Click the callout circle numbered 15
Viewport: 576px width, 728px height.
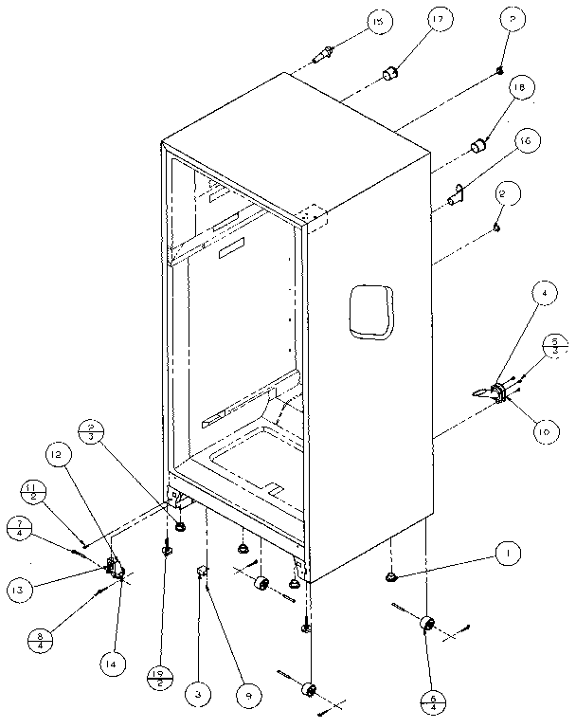(x=381, y=23)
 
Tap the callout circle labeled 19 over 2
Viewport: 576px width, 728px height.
(x=159, y=678)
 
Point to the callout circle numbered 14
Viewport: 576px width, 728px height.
(x=112, y=664)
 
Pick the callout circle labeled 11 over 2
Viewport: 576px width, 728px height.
(x=30, y=493)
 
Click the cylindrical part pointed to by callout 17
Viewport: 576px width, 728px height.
(x=389, y=73)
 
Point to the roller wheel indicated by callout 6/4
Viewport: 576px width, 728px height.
(x=426, y=625)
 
